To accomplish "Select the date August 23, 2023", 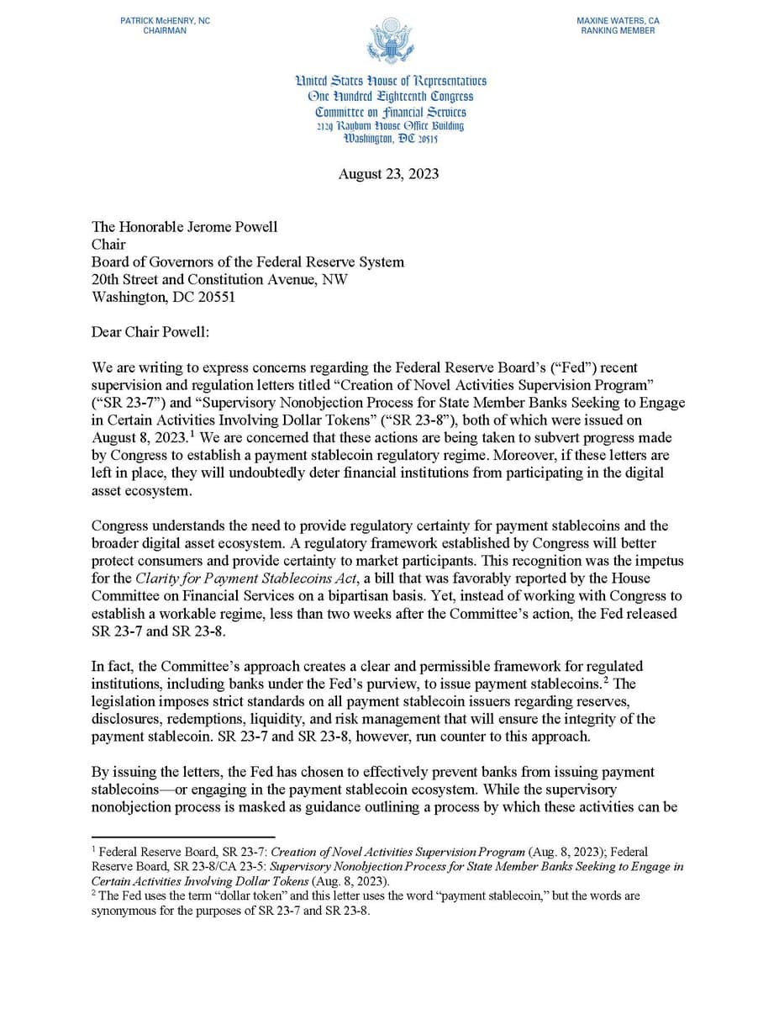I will (388, 174).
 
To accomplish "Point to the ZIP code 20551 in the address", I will (213, 297).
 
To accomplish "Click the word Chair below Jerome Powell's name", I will (108, 245).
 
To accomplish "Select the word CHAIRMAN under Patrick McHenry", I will (165, 30).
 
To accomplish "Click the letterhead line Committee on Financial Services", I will (390, 111).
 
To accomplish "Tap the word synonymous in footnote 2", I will (126, 911).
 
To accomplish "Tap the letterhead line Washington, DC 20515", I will (390, 139).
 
